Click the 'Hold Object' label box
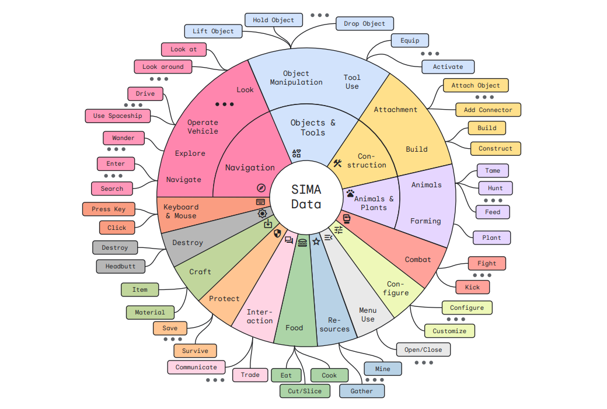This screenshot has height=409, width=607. click(274, 20)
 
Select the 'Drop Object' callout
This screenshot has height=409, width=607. click(365, 24)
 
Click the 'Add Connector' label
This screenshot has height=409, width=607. click(488, 110)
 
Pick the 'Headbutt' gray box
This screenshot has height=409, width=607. click(120, 267)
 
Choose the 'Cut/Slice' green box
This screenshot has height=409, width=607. click(305, 391)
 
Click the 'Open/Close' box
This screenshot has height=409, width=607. click(423, 350)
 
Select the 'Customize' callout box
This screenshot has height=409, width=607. click(449, 331)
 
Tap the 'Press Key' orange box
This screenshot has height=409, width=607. click(109, 209)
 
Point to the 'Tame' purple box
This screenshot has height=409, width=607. click(493, 171)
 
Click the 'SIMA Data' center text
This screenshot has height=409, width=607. click(306, 197)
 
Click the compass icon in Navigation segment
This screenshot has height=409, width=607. click(261, 188)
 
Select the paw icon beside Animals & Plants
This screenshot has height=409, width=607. click(350, 193)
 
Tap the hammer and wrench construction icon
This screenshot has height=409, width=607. click(337, 163)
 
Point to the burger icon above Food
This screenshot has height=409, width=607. click(302, 242)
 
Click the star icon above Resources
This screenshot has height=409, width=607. click(316, 241)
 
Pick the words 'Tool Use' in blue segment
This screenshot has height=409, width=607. click(352, 82)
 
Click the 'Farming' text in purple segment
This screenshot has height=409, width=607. click(425, 221)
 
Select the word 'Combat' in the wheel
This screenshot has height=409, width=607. click(418, 260)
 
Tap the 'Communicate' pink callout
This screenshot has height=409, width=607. click(196, 367)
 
